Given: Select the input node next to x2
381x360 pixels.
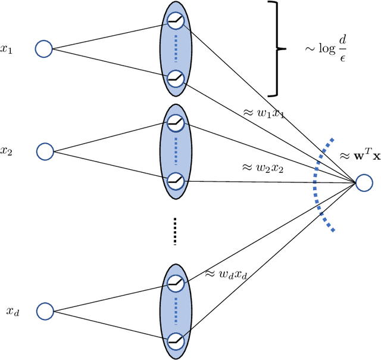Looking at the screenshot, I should click(x=45, y=151).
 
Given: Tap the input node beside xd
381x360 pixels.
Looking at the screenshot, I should click(x=45, y=311).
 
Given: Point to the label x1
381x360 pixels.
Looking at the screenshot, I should click(x=7, y=49).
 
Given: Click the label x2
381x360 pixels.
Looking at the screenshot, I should click(x=7, y=151).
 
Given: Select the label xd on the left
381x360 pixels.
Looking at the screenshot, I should click(x=13, y=311).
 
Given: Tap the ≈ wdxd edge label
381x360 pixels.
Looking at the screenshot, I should click(x=227, y=275).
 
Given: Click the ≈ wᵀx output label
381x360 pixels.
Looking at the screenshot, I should click(x=359, y=157).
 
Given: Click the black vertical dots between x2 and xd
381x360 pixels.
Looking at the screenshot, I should click(x=175, y=231).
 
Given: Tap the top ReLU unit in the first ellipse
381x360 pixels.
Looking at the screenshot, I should click(x=175, y=21).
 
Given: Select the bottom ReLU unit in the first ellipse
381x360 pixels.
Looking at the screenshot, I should click(x=175, y=77).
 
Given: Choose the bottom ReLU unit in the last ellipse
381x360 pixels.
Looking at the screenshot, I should click(x=175, y=341).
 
